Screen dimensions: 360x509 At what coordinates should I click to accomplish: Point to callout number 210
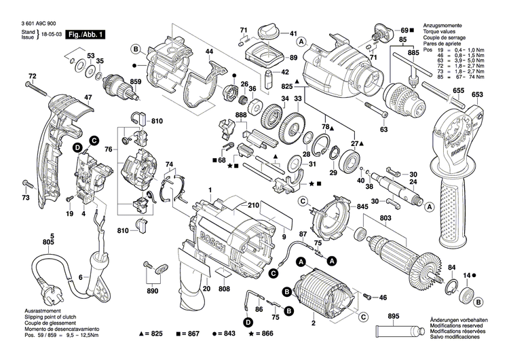click(x=253, y=205)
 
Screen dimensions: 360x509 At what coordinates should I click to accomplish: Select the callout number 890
click(x=153, y=291)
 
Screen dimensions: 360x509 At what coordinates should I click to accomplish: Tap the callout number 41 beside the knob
click(x=293, y=34)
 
